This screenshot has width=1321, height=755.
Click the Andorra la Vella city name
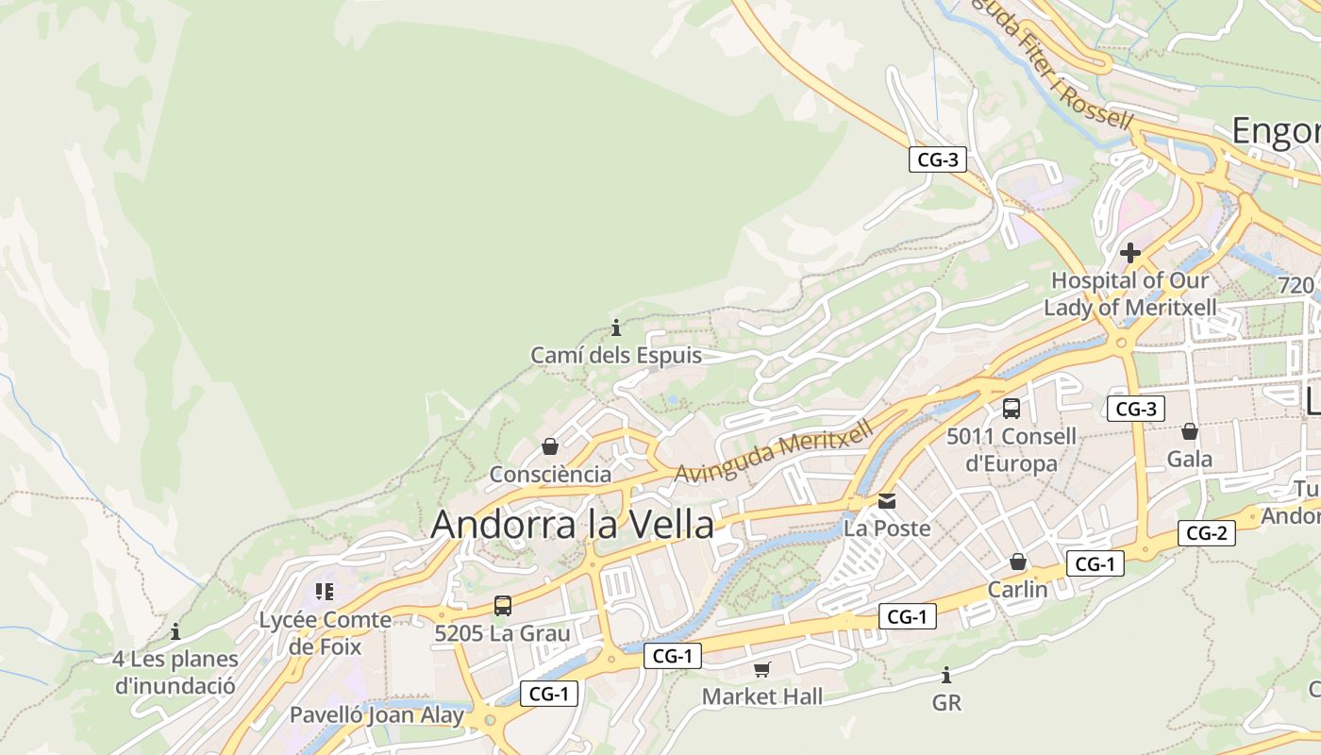tap(572, 525)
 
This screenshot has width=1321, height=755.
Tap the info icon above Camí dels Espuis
tap(616, 328)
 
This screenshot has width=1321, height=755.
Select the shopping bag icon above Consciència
tap(550, 446)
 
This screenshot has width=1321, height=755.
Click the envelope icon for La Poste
tap(887, 501)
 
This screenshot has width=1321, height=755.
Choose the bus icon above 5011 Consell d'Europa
tap(1012, 409)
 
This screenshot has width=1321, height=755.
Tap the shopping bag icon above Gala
tap(1190, 431)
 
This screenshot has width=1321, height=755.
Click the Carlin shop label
tap(1017, 590)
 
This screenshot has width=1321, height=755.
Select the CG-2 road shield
tap(1206, 533)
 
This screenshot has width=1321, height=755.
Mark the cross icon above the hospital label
tap(1129, 253)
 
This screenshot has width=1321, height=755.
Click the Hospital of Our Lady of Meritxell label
tap(1129, 294)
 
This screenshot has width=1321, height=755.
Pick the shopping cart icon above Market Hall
tap(762, 670)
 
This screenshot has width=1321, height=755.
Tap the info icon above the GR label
tap(946, 676)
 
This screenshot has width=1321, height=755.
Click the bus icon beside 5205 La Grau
tap(503, 606)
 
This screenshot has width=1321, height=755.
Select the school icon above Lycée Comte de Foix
tap(325, 592)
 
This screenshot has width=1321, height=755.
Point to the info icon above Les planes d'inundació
tap(175, 631)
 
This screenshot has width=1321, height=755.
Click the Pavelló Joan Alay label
tap(376, 715)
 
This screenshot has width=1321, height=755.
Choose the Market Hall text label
tap(762, 697)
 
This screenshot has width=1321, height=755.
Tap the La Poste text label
tap(887, 528)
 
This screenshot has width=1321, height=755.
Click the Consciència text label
tap(550, 475)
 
